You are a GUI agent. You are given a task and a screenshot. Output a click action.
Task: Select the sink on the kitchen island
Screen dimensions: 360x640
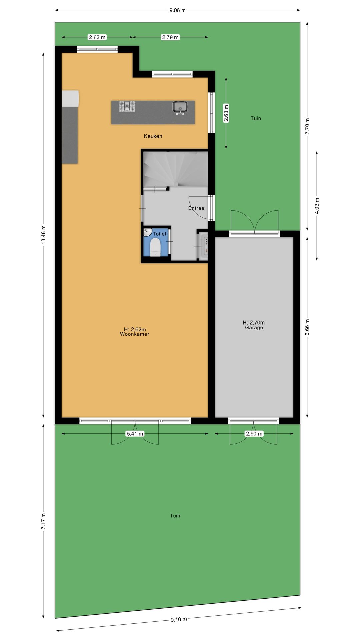[x=180, y=107]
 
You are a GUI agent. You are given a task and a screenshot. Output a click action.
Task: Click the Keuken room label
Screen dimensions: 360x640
[x=153, y=136]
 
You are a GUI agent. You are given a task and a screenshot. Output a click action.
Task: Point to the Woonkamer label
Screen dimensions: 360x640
[x=135, y=334]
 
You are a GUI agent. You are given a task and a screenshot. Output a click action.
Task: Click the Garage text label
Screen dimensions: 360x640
[x=254, y=328]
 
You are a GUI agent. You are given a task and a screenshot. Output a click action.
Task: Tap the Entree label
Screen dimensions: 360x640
[x=196, y=208]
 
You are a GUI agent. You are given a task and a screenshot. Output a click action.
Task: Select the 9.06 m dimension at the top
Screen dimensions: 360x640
[x=177, y=10]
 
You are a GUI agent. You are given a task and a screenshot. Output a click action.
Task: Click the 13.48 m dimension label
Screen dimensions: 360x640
[x=43, y=235]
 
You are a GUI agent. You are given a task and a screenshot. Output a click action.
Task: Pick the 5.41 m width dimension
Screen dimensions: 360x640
[x=135, y=434]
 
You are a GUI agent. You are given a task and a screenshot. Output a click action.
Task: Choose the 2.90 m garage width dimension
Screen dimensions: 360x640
[x=254, y=434]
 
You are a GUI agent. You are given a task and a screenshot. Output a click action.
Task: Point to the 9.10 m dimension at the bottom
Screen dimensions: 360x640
[x=179, y=619]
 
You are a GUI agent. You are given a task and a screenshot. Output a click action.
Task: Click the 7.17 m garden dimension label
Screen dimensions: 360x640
[x=43, y=521]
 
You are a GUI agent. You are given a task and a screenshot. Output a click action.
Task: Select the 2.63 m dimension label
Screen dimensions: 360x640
[x=226, y=114]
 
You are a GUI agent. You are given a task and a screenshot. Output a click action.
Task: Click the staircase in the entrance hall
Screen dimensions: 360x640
[x=176, y=169]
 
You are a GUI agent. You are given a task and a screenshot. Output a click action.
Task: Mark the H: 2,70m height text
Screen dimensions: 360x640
[x=254, y=322]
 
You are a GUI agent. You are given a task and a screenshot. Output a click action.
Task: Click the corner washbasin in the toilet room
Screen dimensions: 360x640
[x=147, y=232]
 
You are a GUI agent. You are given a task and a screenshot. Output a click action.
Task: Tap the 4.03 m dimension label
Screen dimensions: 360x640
[x=317, y=206]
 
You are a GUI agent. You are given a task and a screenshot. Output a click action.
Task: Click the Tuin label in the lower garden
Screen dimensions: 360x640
[x=175, y=516]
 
